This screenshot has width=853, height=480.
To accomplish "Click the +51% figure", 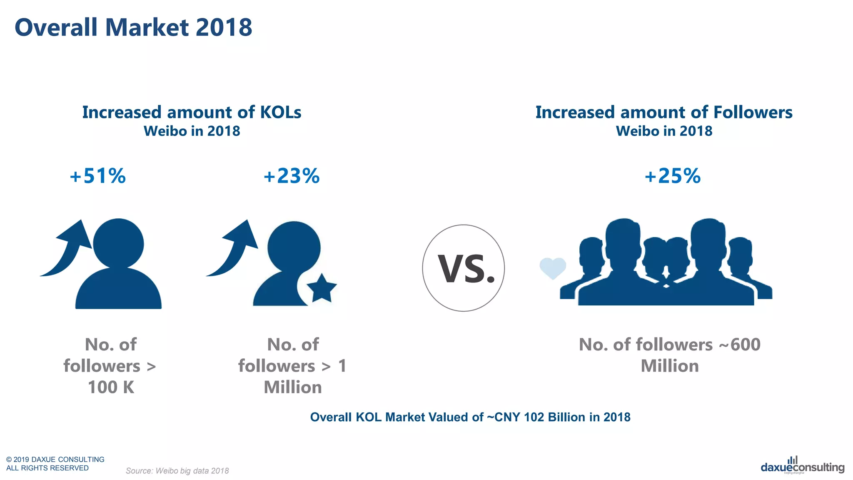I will pos(98,176).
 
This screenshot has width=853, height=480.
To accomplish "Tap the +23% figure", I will pos(292,176).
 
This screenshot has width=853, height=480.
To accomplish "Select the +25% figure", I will pos(673,176).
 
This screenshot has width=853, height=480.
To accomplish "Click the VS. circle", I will pos(463,268).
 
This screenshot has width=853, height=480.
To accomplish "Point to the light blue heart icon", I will pos(553,268).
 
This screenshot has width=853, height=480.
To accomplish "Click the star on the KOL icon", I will pos(322,288).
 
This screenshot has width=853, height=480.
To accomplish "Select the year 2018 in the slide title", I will pos(224,27).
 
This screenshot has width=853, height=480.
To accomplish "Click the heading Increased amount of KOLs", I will pos(192,112).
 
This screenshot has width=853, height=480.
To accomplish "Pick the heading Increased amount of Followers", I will pos(664,112).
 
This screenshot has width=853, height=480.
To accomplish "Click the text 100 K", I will pos(111,387).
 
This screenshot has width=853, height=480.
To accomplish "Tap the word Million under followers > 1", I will pos(293,387).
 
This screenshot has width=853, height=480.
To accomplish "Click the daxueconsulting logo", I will pos(802,467).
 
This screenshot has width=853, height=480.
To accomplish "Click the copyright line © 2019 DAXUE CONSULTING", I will pos(55,459).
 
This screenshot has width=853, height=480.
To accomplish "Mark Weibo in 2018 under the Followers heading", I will pos(664,131).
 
